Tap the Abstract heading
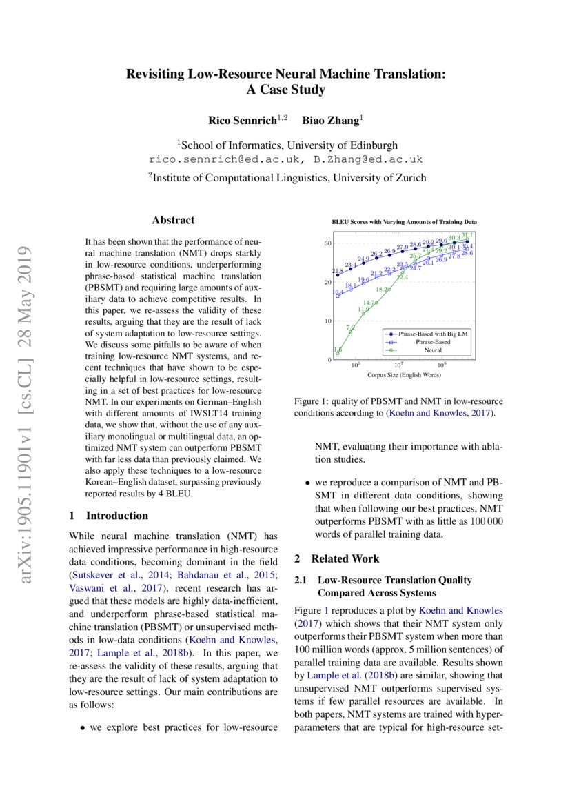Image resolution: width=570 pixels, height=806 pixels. point(173,221)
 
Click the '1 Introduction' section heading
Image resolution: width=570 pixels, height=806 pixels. point(110,516)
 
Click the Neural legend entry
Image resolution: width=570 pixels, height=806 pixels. point(433,350)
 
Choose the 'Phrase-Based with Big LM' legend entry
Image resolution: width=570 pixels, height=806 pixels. point(433,334)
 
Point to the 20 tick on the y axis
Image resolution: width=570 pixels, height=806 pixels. point(329,282)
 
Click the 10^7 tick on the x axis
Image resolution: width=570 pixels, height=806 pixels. point(398,366)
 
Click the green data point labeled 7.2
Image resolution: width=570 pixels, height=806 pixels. point(350,332)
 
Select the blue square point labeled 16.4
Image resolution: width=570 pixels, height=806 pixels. point(338,296)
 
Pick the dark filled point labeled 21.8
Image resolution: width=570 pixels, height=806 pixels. point(338,275)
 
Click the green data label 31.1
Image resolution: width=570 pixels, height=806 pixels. point(467,235)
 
